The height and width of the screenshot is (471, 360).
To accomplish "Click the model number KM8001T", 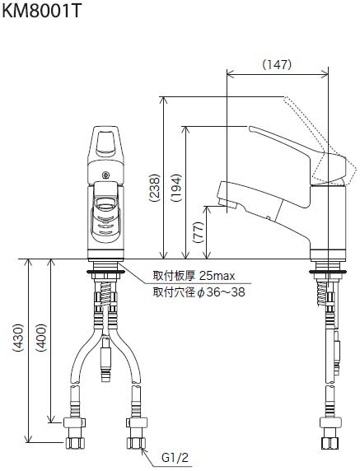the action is click(x=41, y=11).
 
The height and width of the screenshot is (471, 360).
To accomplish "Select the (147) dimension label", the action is click(x=277, y=64).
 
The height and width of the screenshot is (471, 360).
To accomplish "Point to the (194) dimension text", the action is click(x=176, y=188).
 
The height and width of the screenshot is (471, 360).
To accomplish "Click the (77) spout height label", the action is click(x=199, y=232).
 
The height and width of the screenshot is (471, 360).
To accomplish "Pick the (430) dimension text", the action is click(x=18, y=338).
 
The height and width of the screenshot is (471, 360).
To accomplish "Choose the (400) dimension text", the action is click(x=41, y=338).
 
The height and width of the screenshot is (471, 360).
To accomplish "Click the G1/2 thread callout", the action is click(x=175, y=458).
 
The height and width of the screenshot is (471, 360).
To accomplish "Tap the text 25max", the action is click(x=217, y=276).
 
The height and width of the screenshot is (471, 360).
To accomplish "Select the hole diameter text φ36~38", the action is click(x=221, y=292).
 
